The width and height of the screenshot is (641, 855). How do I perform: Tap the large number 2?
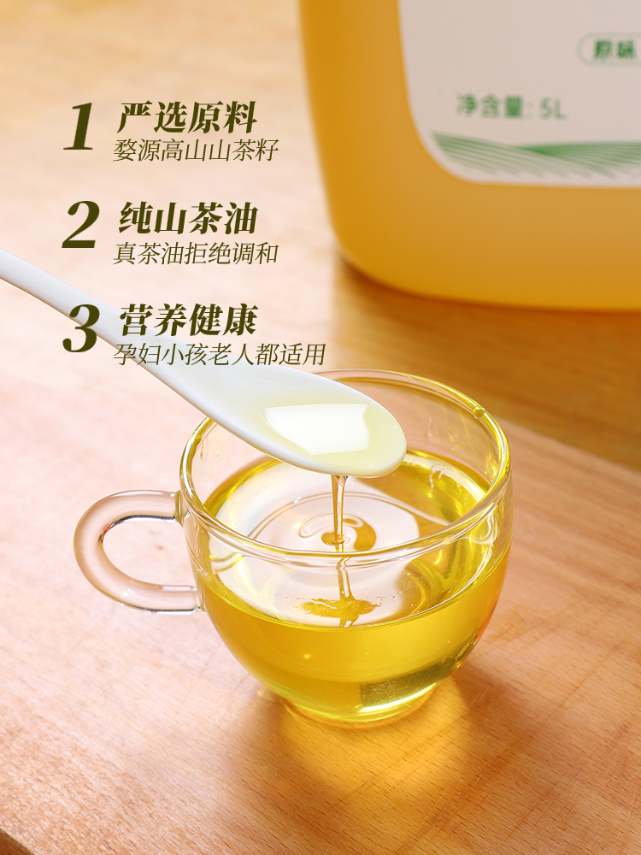pos(81,225)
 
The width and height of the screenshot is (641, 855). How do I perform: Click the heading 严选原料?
pos(187,118)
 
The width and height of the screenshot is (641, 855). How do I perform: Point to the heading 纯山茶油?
pos(187,217)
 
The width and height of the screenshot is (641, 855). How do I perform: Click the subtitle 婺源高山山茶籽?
pos(196,150)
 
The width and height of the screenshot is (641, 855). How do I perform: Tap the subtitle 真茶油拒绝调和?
pos(196,253)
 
